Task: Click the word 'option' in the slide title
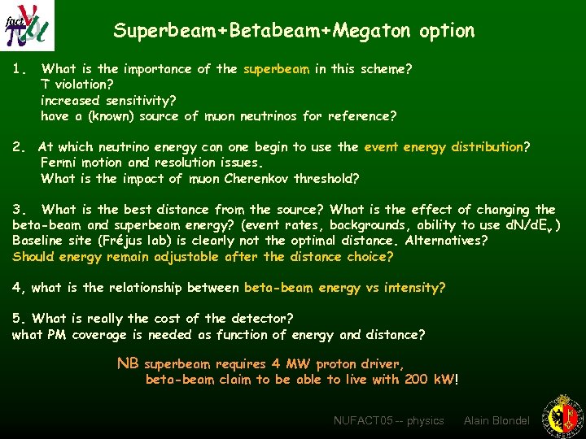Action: click(447, 32)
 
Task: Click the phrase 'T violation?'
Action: click(77, 85)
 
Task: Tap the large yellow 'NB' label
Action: click(129, 363)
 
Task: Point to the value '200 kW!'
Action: click(432, 380)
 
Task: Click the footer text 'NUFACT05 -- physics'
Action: click(388, 420)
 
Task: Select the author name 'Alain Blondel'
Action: click(496, 420)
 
